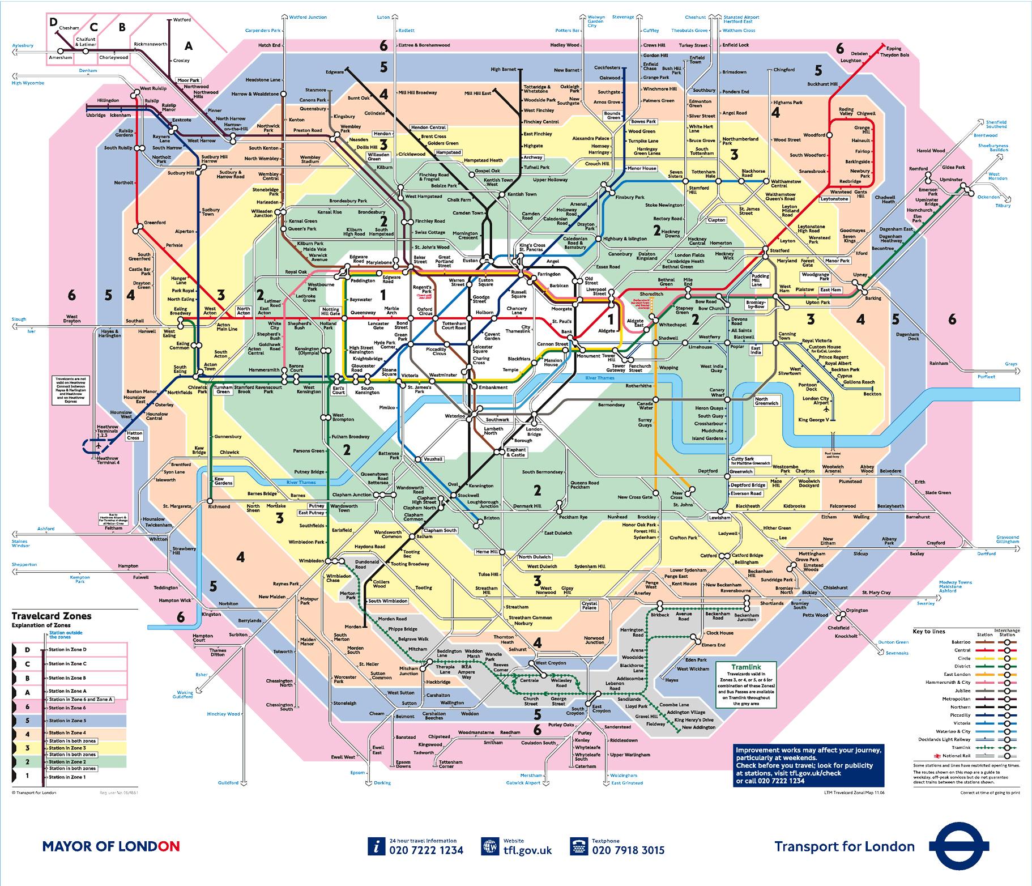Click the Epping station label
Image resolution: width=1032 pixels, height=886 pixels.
(894, 49)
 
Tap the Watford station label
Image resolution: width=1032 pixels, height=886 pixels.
(182, 20)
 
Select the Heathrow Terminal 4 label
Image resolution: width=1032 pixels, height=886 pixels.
(108, 460)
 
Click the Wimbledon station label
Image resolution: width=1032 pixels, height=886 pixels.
(311, 561)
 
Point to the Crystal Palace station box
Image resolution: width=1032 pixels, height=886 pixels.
(589, 606)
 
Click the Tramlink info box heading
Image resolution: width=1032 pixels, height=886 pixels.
(746, 667)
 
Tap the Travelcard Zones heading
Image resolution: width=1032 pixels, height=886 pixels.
(52, 616)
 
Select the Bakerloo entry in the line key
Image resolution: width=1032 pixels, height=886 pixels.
(961, 642)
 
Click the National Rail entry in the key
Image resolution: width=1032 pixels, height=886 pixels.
(956, 756)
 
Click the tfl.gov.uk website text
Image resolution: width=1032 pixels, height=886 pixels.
(527, 850)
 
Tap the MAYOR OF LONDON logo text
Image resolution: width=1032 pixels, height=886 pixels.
(111, 846)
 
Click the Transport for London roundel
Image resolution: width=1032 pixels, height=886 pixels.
(958, 846)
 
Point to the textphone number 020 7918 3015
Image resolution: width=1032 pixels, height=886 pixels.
(628, 850)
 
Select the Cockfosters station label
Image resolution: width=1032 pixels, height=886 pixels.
(607, 67)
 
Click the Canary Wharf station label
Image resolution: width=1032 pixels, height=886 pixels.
(717, 392)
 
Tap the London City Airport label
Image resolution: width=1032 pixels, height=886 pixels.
(815, 401)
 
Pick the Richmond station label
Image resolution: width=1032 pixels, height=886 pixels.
(219, 506)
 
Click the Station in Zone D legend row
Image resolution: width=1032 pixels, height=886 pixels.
(67, 650)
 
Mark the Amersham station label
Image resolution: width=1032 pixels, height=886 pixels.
(61, 58)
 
